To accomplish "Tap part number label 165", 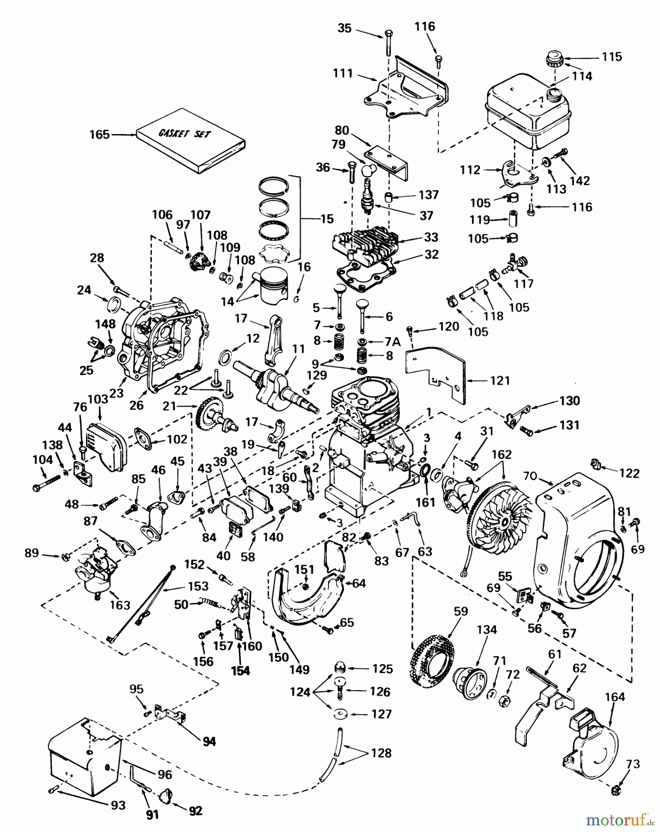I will (99, 135).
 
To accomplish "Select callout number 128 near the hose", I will (380, 752).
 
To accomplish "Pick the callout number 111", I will (342, 73).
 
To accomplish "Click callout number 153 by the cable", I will (199, 587).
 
